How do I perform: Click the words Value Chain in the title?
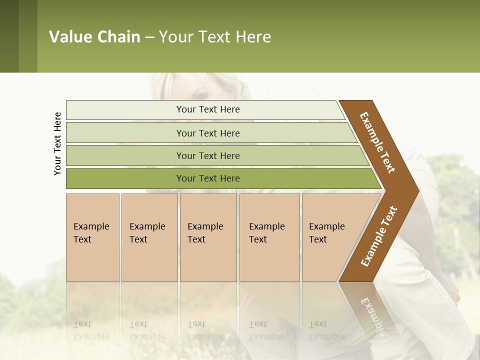94,37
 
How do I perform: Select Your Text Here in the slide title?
215,37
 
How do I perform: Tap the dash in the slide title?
149,37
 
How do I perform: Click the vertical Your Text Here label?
57,143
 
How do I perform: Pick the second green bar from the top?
207,133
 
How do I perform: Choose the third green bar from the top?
207,155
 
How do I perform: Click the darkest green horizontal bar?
207,178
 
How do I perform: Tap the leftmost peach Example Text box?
92,237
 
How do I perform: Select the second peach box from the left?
149,237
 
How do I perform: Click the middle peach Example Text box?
208,237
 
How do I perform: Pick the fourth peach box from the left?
269,237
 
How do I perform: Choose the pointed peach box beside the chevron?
330,237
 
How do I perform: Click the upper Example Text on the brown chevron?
377,142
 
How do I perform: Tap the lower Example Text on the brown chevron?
379,236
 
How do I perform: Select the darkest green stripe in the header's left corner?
9,36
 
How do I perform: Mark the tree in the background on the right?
452,180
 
